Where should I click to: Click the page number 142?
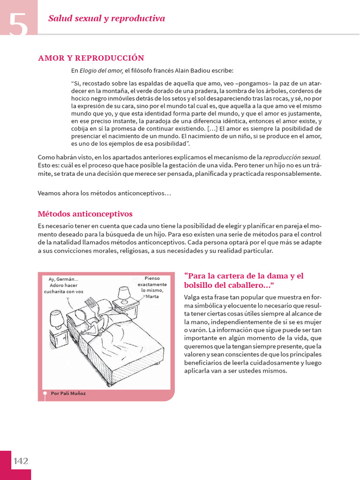[x=21, y=461]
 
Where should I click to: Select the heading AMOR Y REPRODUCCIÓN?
[x=91, y=58]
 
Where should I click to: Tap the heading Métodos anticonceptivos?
[x=85, y=214]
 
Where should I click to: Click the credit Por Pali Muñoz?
[x=68, y=393]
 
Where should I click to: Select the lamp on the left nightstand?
[x=56, y=318]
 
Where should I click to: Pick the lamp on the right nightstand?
[x=124, y=294]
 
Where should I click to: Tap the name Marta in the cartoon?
[x=152, y=296]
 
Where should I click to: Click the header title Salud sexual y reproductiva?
[x=106, y=19]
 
